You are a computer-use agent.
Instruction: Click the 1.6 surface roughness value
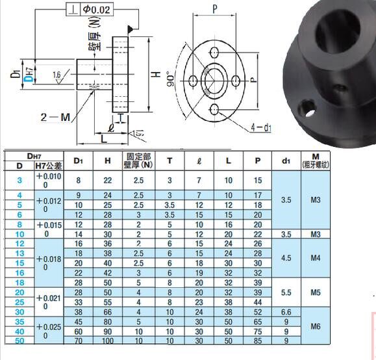point(58,75)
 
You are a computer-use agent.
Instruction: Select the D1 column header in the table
point(78,161)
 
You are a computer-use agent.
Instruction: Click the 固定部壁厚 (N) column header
point(138,161)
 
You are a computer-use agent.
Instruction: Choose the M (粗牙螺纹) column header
point(316,161)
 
